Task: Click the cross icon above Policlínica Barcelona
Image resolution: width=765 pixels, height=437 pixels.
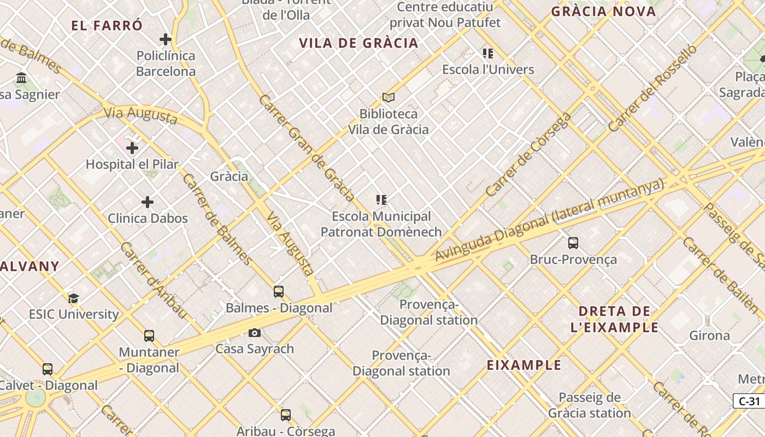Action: click(166, 39)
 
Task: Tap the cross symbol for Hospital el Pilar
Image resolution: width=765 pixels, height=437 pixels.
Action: click(132, 147)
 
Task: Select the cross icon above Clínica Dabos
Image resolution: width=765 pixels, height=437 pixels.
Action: click(148, 202)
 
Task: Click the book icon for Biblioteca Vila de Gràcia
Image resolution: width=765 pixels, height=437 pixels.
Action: click(389, 97)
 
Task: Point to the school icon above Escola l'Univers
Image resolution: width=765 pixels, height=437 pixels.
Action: click(488, 53)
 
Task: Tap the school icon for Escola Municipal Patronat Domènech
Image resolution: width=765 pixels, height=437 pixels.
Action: click(381, 200)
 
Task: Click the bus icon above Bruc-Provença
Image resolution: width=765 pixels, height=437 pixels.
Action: click(573, 243)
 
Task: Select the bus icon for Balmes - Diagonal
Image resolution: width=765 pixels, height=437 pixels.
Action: click(279, 292)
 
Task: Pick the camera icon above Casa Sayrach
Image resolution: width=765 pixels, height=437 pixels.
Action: click(255, 333)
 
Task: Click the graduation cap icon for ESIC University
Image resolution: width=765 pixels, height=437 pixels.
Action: click(74, 298)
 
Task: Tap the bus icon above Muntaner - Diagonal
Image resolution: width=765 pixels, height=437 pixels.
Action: click(149, 336)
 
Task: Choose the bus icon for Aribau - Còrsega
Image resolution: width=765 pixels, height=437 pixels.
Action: click(286, 415)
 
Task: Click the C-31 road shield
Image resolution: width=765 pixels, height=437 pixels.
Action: click(749, 401)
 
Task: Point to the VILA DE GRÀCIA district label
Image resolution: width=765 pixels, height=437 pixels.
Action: click(358, 43)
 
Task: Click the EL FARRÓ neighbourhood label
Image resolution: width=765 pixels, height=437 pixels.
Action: click(107, 25)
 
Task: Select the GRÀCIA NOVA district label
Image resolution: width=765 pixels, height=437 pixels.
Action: click(603, 11)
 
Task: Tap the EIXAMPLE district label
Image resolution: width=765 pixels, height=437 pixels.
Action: click(524, 365)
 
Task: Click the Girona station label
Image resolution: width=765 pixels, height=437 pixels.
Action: click(710, 335)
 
